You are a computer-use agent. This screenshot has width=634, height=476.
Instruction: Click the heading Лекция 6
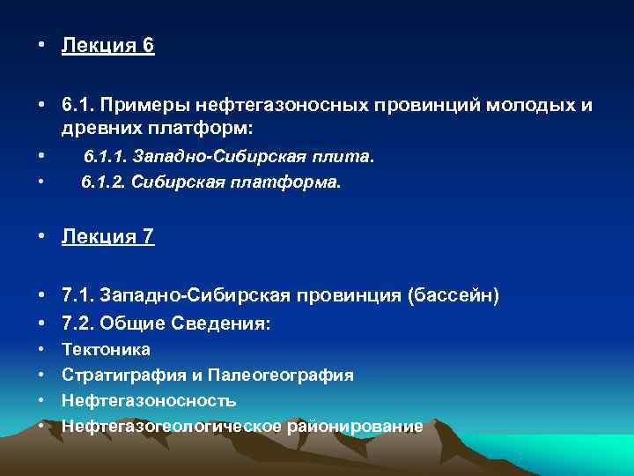pos(107,46)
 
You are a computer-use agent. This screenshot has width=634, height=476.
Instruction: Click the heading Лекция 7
pos(107,238)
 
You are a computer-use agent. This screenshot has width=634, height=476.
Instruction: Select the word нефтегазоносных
pos(269,106)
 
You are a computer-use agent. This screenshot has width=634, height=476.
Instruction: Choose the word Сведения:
pos(226,324)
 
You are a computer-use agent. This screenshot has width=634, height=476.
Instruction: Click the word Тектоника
pos(106,350)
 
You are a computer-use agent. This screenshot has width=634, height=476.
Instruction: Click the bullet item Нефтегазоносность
pos(148,401)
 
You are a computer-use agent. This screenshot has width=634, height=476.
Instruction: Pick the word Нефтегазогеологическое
pos(171,427)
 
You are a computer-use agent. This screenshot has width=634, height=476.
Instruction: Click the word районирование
pos(352,427)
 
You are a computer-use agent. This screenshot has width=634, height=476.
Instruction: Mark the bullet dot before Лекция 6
pos(43,46)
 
